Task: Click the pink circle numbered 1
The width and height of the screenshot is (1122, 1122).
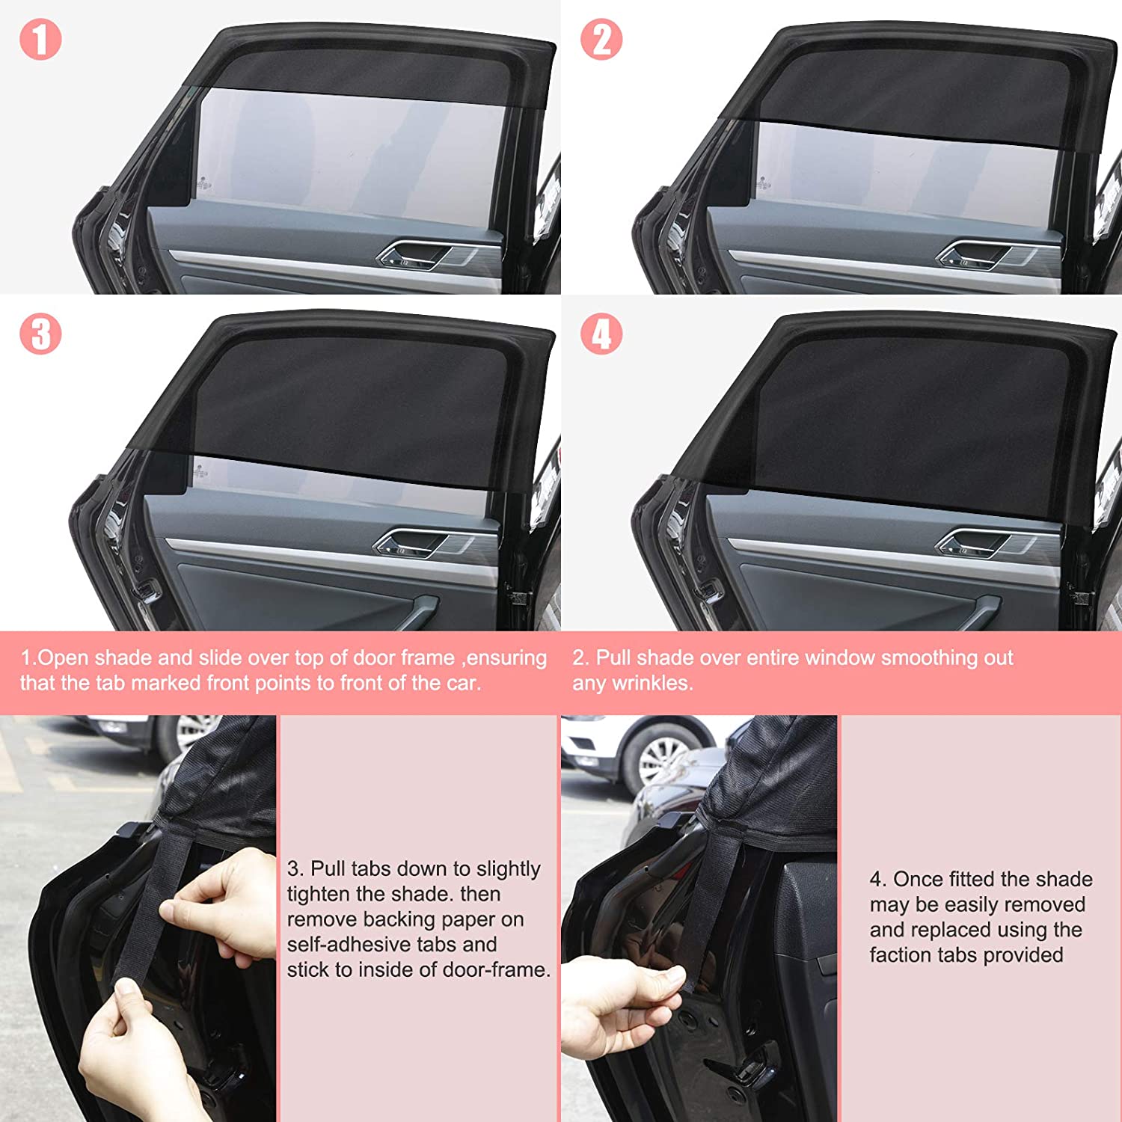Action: click(40, 40)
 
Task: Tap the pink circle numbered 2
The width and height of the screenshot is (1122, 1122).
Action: click(601, 40)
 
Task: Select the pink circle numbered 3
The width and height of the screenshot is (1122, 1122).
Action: click(40, 334)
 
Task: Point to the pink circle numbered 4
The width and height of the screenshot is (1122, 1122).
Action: click(601, 334)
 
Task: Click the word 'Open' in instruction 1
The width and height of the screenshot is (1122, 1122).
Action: click(63, 659)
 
